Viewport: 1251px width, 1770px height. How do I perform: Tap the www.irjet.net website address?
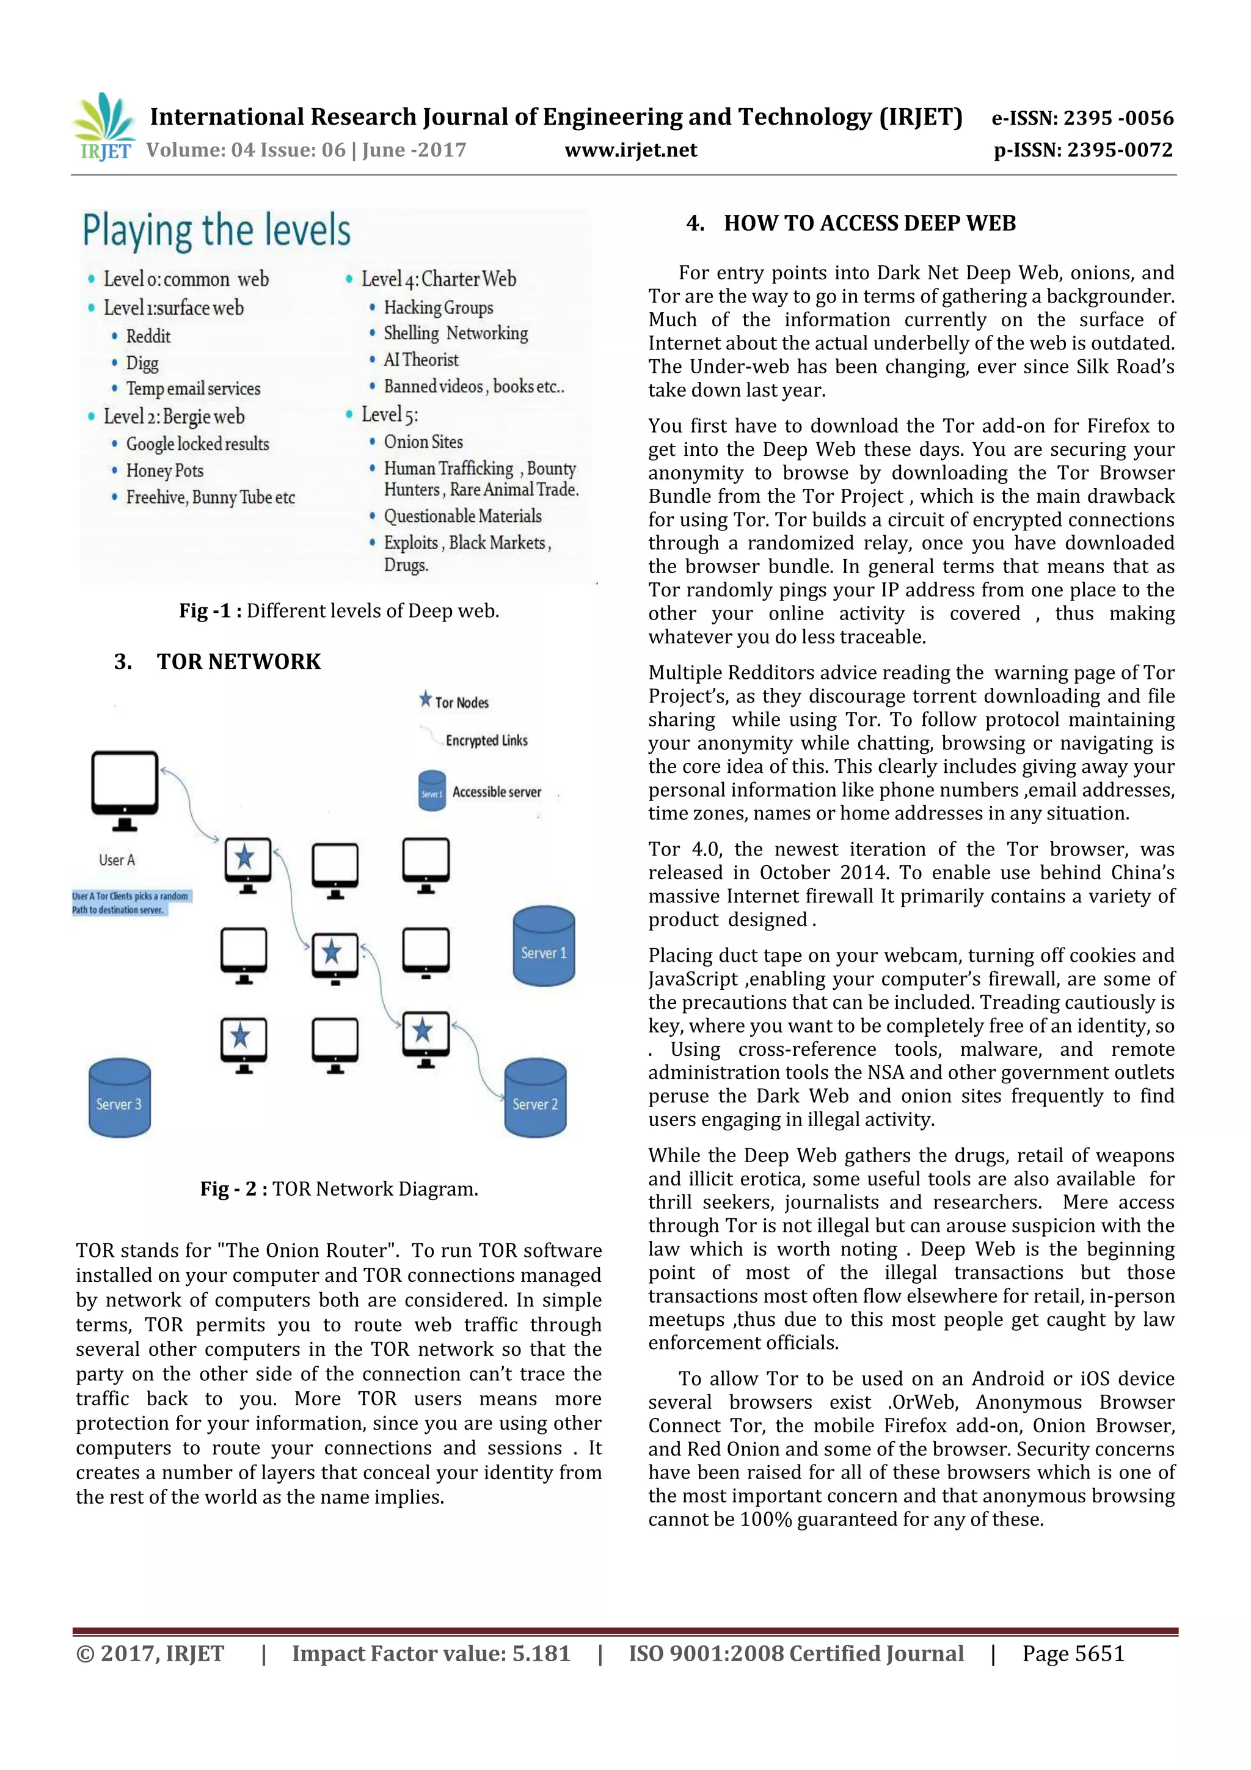pos(630,150)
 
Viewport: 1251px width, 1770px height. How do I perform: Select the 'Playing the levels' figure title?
pos(217,230)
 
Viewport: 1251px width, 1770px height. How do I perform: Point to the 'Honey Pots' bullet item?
pos(164,470)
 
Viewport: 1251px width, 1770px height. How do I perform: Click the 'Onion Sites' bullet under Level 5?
pos(423,442)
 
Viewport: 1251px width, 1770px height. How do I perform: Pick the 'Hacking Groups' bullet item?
pos(438,307)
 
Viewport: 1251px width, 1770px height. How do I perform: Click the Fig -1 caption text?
pos(339,610)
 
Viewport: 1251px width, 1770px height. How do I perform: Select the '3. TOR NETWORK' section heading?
pos(217,662)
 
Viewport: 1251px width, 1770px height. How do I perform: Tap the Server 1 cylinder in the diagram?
pos(544,946)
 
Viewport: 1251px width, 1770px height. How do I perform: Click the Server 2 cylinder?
pos(535,1098)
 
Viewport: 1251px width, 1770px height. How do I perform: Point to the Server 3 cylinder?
pos(120,1098)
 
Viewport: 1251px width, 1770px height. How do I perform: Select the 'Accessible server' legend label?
pos(497,792)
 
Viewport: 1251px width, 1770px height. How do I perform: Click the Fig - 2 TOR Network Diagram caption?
pos(339,1189)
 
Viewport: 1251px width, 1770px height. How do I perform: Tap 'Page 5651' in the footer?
pos(1073,1653)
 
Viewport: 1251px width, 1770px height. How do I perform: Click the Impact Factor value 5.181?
pos(431,1653)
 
